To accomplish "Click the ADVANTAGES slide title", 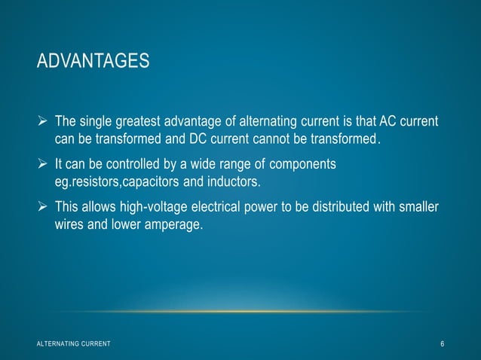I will pos(93,59).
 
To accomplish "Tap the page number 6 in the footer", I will pos(443,344).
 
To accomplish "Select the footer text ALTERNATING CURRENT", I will pos(73,344).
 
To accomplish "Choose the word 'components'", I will pos(301,164).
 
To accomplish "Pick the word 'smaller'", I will pos(418,207).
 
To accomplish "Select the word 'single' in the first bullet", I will pos(95,123).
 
